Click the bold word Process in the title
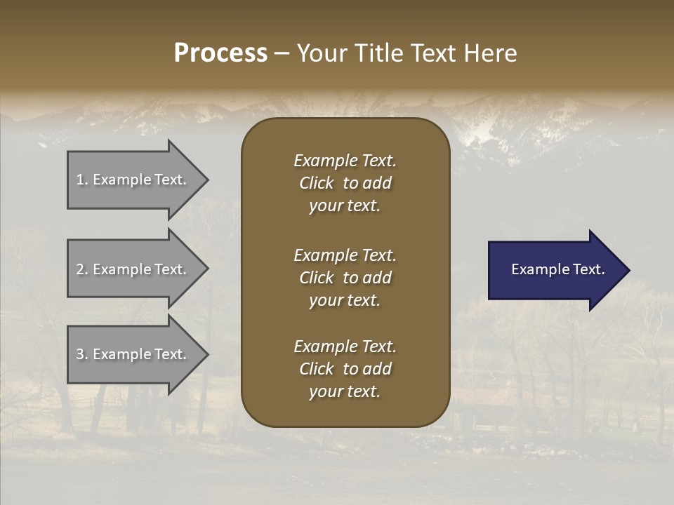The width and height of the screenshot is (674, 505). [x=220, y=53]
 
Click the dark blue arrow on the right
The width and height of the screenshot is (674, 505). [x=555, y=269]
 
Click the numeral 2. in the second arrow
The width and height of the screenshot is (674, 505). [x=82, y=269]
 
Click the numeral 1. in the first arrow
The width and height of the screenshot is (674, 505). [x=82, y=180]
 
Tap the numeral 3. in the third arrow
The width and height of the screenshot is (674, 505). [x=82, y=354]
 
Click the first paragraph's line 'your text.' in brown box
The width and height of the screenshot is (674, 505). [x=345, y=206]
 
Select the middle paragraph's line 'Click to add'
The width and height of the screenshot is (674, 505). [x=345, y=278]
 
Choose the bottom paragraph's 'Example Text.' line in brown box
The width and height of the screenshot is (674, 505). [x=345, y=346]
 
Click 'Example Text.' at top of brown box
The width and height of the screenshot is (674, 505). [x=345, y=161]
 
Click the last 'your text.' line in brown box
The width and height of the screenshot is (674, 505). [x=345, y=392]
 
